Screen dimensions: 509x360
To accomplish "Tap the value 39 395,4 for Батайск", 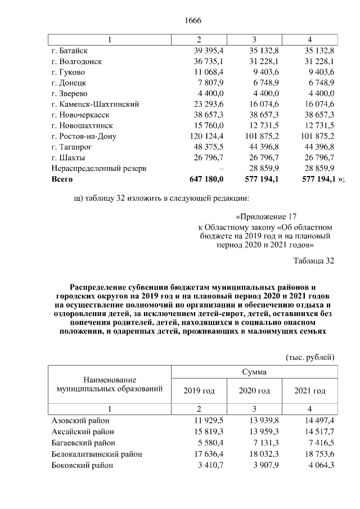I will [205, 51].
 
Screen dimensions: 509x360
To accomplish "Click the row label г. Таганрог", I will [72, 147].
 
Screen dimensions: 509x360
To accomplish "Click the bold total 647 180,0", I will [204, 179].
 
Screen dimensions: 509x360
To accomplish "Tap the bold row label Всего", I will [62, 179].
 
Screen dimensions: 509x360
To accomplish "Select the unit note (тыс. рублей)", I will [310, 357].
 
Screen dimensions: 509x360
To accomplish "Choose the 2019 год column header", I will [199, 391].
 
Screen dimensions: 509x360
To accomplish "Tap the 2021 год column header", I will [310, 391].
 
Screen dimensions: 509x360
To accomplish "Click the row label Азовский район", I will [80, 421].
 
